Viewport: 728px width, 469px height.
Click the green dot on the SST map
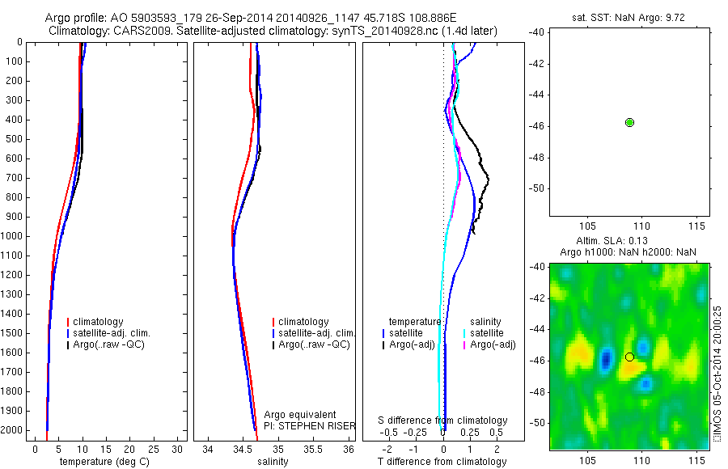[x=630, y=122]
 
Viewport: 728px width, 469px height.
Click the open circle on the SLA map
[x=629, y=357]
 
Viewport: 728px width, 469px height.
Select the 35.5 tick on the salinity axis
[x=313, y=449]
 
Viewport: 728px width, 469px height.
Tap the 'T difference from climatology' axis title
[x=442, y=462]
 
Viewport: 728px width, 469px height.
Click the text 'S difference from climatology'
[x=443, y=420]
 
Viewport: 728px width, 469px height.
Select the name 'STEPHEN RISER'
[x=323, y=425]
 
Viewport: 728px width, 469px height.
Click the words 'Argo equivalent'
[x=299, y=415]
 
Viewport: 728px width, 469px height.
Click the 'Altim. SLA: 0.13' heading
[x=628, y=241]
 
